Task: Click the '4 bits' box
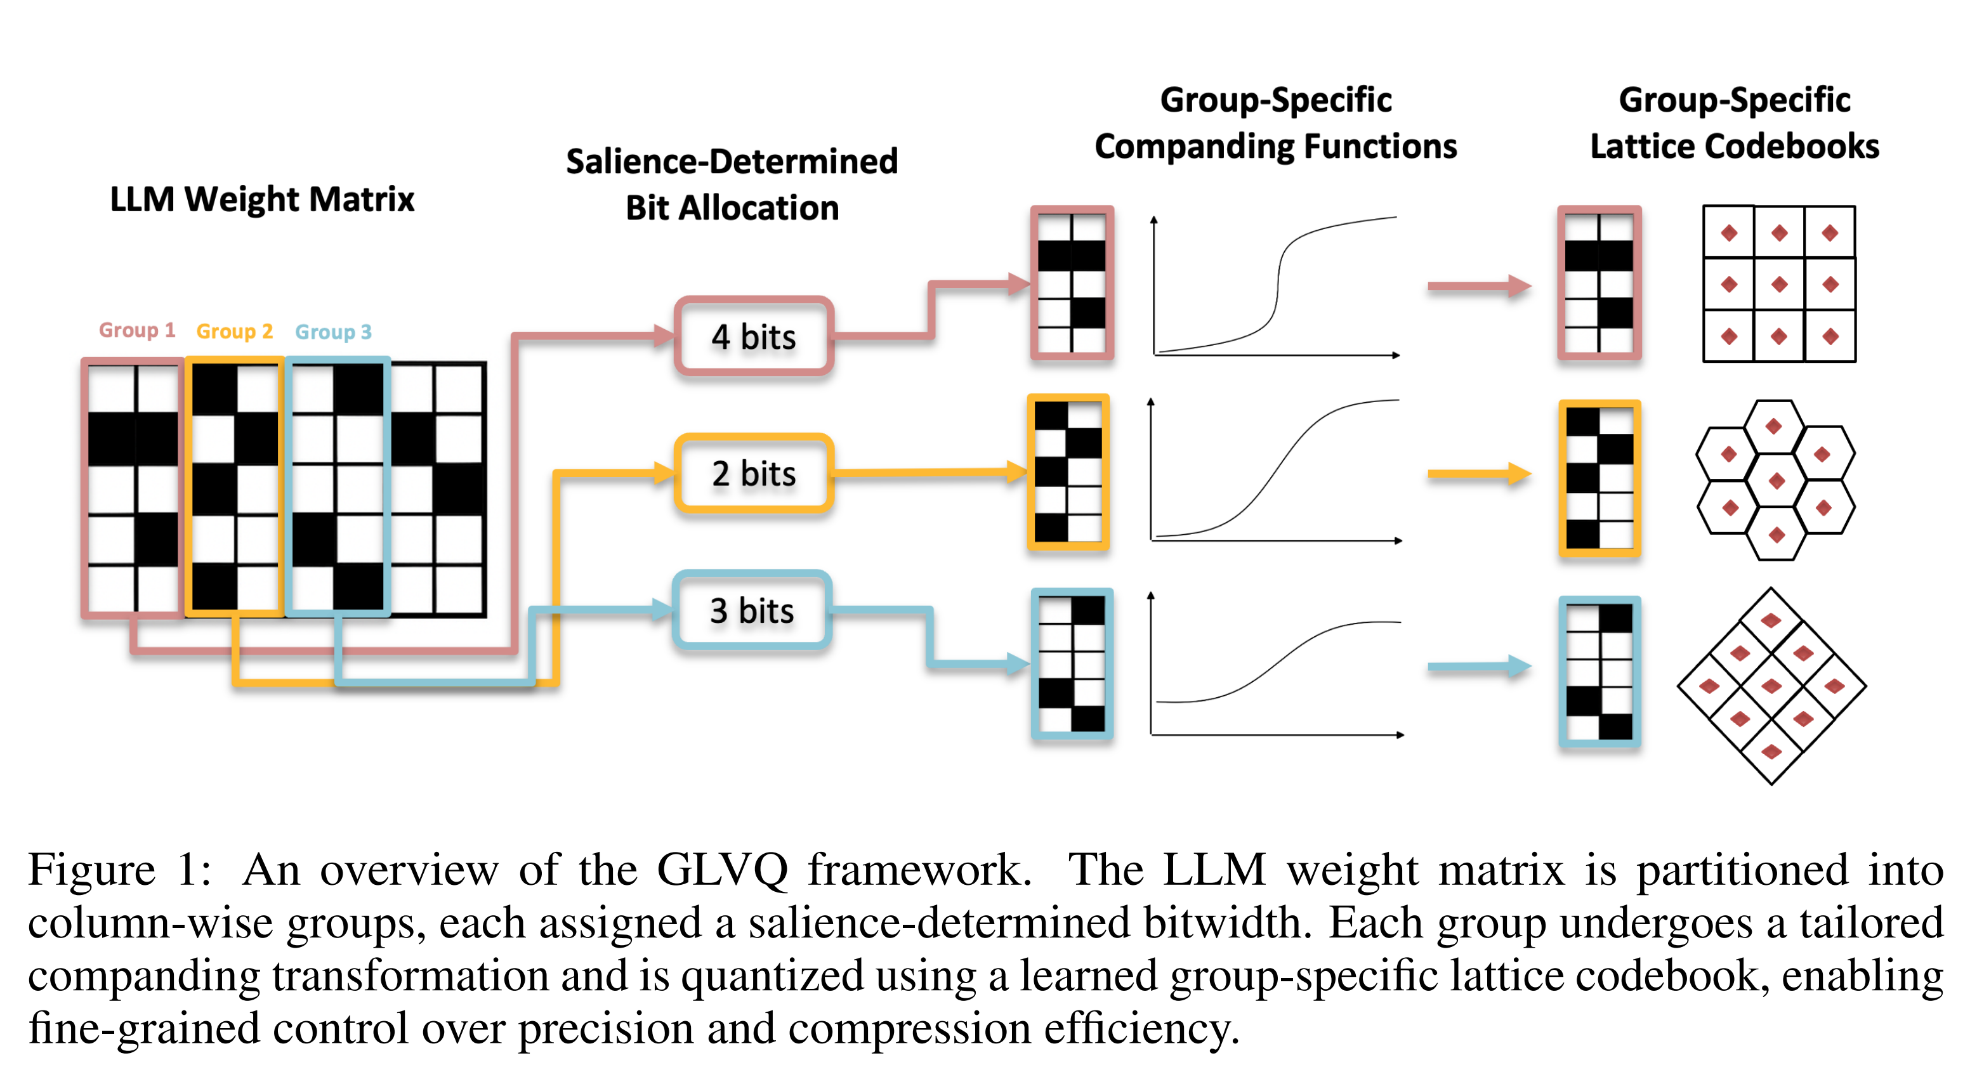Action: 753,337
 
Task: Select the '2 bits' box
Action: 753,473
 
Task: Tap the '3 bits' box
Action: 751,611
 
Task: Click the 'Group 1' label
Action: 138,330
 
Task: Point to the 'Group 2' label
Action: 234,330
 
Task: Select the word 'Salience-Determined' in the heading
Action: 732,161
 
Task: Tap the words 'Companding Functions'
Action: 1275,146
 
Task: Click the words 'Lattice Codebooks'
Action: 1734,146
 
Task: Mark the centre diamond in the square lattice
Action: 1779,285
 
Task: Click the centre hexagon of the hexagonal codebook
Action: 1776,481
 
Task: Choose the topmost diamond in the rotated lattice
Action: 1771,620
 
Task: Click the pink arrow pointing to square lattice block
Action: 1478,286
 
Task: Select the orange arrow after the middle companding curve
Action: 1478,474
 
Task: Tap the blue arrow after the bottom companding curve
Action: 1478,667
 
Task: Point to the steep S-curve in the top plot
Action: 1278,284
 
